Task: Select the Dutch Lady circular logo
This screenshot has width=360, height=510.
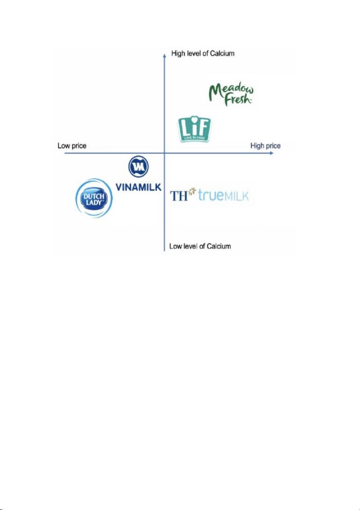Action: pyautogui.click(x=94, y=199)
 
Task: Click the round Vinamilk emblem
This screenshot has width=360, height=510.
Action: pyautogui.click(x=138, y=167)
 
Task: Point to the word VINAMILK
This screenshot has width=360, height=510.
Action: pyautogui.click(x=139, y=186)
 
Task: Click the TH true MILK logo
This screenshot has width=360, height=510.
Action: pyautogui.click(x=209, y=195)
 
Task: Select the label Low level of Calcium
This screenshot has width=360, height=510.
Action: pyautogui.click(x=200, y=246)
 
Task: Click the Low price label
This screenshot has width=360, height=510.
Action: pyautogui.click(x=72, y=146)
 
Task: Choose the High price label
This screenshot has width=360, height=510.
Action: pyautogui.click(x=265, y=146)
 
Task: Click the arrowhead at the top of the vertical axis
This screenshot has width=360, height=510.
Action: pyautogui.click(x=165, y=54)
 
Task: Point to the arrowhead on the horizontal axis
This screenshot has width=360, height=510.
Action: pyautogui.click(x=271, y=152)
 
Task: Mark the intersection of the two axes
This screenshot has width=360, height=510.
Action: pyautogui.click(x=165, y=152)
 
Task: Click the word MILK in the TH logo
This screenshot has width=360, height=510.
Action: pyautogui.click(x=236, y=196)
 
